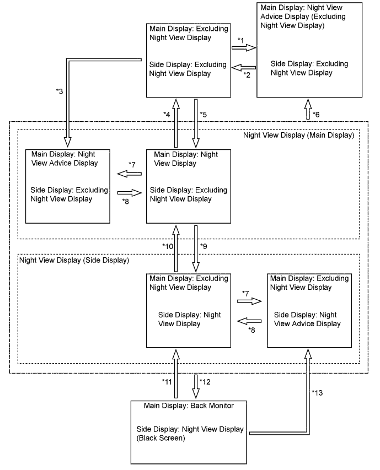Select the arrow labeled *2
coord(243,68)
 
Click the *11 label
coord(167,381)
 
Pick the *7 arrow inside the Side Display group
coord(248,301)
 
